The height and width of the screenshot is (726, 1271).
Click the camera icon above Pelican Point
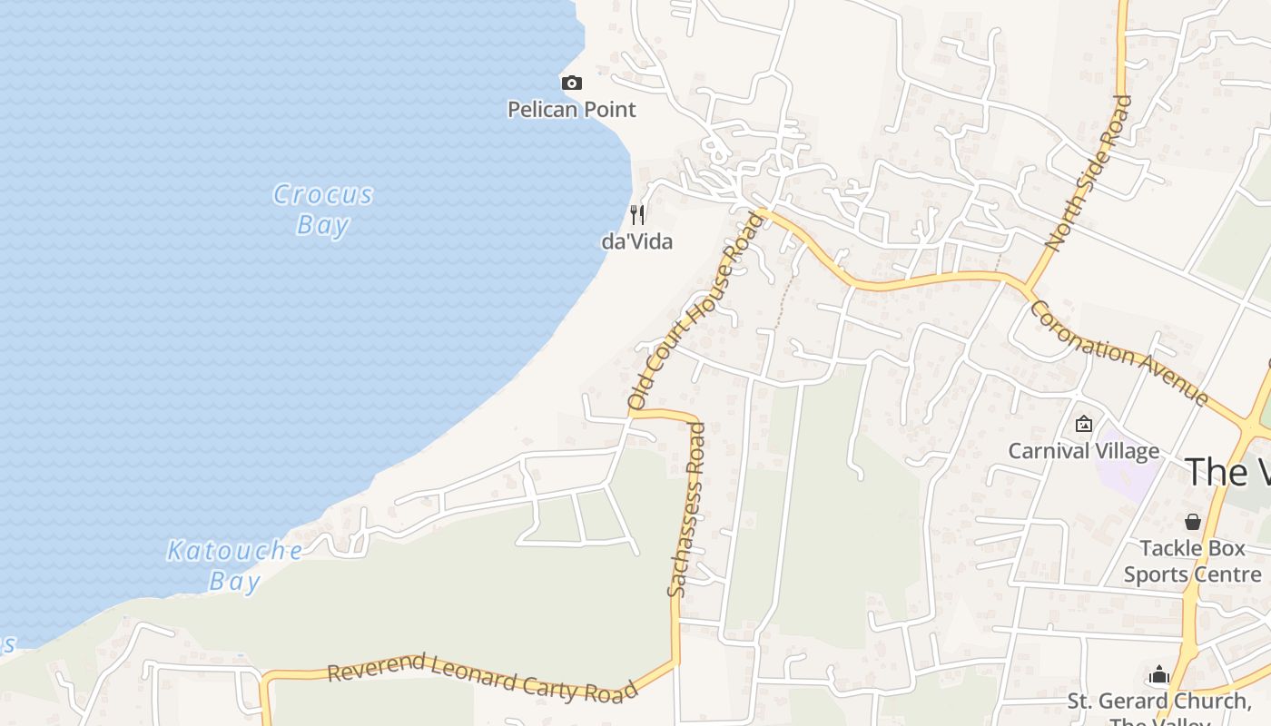tap(572, 83)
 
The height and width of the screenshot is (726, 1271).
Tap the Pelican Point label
tap(572, 110)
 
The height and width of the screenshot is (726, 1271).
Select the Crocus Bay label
tap(323, 209)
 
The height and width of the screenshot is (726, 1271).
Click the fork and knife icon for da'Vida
tap(637, 215)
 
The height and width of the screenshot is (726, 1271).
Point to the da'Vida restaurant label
tap(637, 242)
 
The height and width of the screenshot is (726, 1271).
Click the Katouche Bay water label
tap(235, 565)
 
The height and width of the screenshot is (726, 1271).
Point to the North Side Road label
tap(1089, 172)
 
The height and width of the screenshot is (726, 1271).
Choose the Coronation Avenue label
tap(1119, 353)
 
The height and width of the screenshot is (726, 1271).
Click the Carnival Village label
tap(1084, 451)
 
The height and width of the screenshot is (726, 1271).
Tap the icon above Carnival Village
tap(1083, 424)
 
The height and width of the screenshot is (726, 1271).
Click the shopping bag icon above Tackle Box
tap(1193, 522)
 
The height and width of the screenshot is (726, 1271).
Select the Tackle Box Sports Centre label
tap(1193, 562)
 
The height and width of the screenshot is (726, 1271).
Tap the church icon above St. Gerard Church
tap(1158, 674)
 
